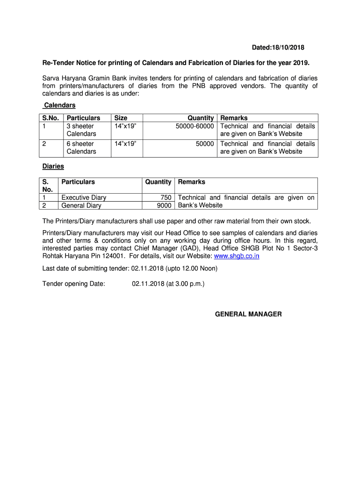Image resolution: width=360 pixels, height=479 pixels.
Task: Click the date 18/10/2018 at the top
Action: (x=288, y=48)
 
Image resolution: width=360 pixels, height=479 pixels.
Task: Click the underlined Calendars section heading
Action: (x=59, y=105)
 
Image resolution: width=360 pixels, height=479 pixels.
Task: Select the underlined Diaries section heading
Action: (x=53, y=166)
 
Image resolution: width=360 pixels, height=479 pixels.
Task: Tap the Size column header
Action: (x=121, y=118)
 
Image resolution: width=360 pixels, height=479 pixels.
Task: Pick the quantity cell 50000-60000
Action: (x=195, y=126)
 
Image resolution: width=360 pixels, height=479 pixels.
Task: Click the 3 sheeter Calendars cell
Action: (x=81, y=130)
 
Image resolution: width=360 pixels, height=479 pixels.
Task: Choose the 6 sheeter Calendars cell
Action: (x=81, y=147)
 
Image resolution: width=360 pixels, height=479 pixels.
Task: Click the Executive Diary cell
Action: (x=84, y=197)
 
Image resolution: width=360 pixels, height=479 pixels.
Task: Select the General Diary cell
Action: (x=81, y=205)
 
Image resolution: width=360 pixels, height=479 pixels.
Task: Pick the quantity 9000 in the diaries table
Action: (x=164, y=205)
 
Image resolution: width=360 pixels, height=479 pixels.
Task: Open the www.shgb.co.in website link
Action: (x=237, y=256)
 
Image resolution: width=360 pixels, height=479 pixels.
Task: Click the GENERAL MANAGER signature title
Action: (x=248, y=314)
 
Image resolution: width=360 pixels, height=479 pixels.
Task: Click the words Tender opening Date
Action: (x=74, y=283)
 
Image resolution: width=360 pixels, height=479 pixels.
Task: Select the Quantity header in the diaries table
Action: (x=158, y=181)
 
